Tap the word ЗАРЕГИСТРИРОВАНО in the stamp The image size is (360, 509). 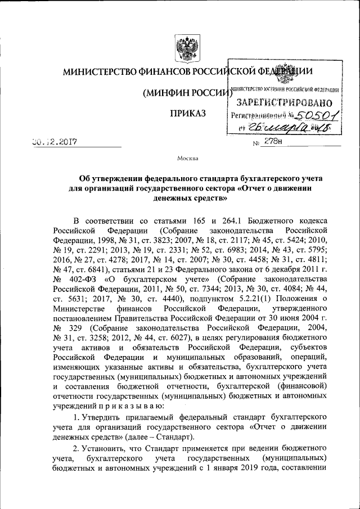(285, 103)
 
